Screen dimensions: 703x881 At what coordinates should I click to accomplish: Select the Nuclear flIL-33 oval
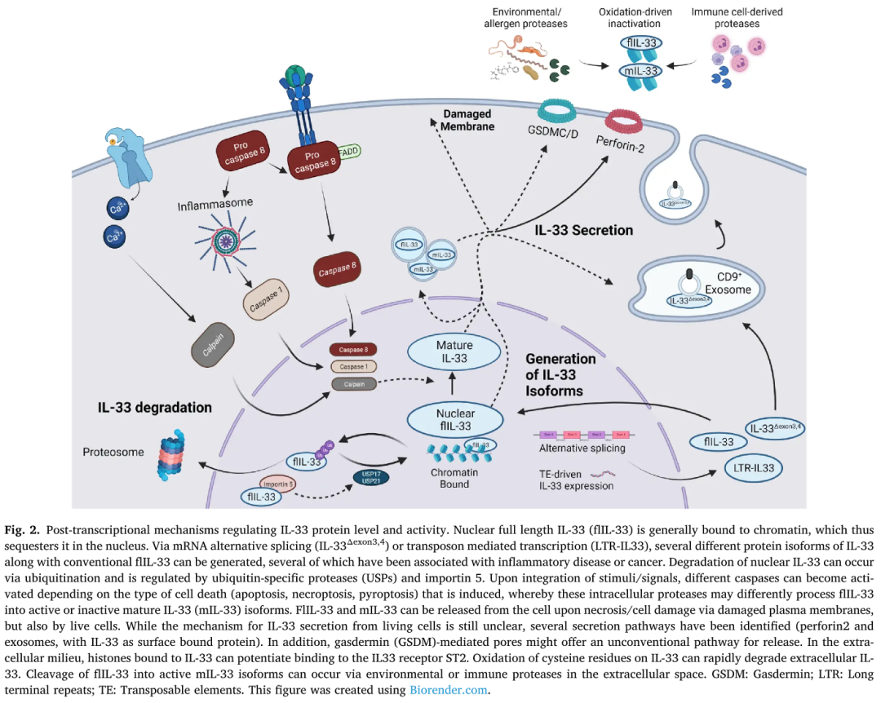click(x=455, y=418)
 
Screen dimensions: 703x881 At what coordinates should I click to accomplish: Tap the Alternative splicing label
click(x=582, y=448)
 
